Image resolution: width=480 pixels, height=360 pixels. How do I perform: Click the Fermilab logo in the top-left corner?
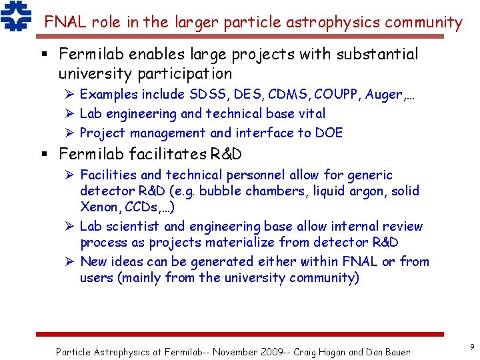tap(15, 17)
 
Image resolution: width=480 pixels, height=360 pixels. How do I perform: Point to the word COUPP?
tap(335, 95)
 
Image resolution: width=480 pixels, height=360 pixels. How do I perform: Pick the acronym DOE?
tap(329, 133)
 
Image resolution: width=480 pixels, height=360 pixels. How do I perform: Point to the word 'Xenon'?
tap(99, 207)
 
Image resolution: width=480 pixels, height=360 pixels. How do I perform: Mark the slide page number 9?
tap(471, 347)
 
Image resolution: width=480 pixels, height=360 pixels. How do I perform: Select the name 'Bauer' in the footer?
tap(395, 351)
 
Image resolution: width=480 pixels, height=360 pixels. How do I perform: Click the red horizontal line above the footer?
tap(239, 334)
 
